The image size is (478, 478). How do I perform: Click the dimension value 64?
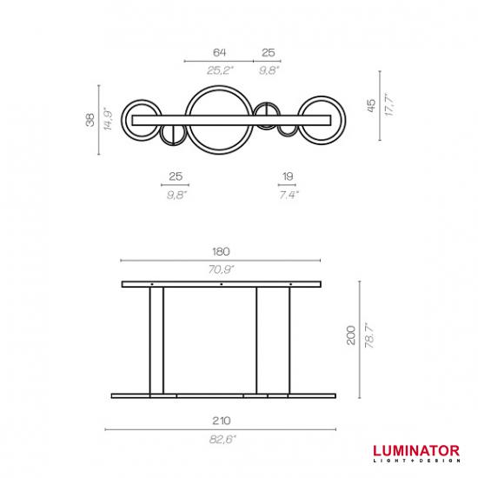tap(219, 52)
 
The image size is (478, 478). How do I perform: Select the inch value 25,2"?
tap(220, 70)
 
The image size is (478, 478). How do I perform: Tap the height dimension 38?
tap(90, 120)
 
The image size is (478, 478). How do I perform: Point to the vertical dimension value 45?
tap(371, 106)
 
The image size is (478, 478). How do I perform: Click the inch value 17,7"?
tap(389, 104)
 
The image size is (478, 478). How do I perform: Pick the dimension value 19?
tap(288, 176)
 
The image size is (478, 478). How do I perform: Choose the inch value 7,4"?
tap(289, 194)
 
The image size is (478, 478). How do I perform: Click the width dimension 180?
tap(221, 252)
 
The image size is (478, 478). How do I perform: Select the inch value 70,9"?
tap(221, 269)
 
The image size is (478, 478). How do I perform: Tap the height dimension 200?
tap(351, 335)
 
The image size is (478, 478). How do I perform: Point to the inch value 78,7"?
tap(369, 335)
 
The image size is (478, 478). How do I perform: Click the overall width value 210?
tap(221, 421)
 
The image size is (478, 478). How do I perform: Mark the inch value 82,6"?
tap(222, 439)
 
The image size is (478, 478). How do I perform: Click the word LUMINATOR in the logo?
tap(416, 451)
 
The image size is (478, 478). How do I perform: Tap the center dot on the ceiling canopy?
tap(222, 284)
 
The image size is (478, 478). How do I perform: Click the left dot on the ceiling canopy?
tap(152, 284)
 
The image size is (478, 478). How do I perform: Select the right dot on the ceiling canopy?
tap(290, 284)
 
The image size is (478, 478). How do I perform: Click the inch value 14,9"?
tap(108, 119)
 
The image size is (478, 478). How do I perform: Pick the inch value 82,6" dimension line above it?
tap(221, 429)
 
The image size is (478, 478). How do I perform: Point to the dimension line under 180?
tap(221, 261)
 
